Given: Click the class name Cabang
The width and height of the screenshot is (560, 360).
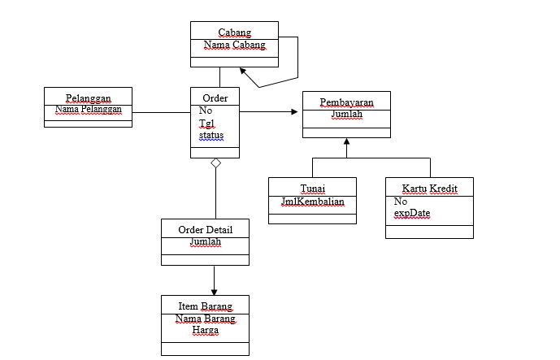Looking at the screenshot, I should click(234, 33).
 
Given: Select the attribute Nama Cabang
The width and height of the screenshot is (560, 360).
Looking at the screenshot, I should click(234, 46).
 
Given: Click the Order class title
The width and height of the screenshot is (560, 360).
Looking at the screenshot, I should click(215, 98).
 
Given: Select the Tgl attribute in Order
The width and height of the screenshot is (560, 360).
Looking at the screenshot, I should click(206, 123).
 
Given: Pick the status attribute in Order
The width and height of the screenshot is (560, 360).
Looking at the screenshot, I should click(211, 135).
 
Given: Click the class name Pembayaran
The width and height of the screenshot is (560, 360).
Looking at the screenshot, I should click(346, 102).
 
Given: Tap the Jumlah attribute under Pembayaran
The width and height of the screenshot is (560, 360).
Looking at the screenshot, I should click(346, 115).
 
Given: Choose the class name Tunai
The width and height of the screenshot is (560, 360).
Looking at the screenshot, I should click(312, 189).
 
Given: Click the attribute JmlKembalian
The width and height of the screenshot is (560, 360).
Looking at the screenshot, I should click(312, 201).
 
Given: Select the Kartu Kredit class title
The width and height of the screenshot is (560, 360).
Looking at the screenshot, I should click(429, 189).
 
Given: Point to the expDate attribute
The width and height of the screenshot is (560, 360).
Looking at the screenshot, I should click(412, 213).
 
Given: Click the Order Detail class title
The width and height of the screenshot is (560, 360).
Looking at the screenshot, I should click(205, 229).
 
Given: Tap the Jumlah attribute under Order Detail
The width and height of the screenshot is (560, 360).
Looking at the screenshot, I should click(205, 241).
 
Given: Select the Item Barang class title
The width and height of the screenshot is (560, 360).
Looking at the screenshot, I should click(205, 306).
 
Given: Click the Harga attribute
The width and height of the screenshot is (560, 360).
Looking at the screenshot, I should click(205, 331).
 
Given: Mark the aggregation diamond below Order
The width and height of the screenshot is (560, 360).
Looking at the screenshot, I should click(215, 163).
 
